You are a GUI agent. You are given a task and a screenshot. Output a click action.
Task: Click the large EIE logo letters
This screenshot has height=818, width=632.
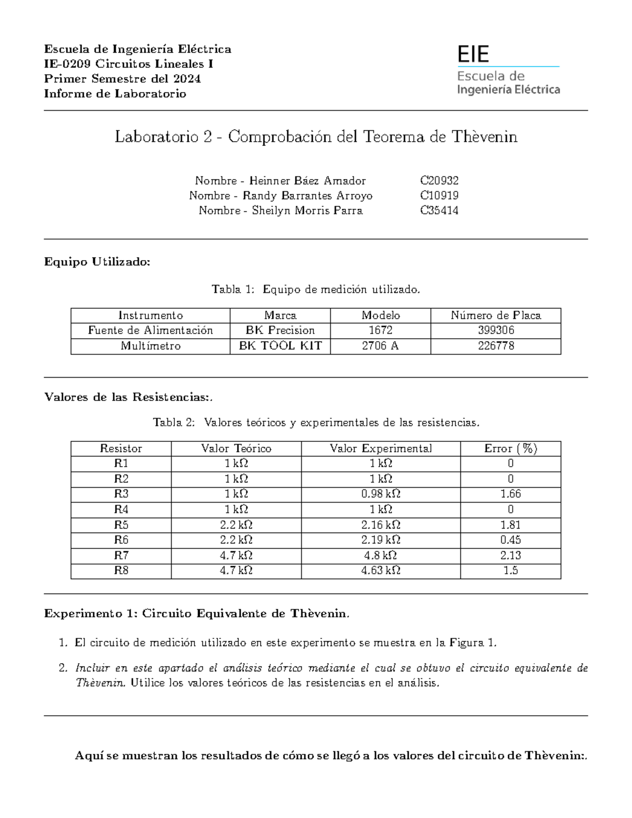click(473, 54)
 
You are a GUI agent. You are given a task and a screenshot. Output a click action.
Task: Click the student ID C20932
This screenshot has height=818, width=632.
click(439, 181)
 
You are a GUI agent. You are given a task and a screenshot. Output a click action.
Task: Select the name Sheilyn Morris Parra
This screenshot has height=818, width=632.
click(307, 211)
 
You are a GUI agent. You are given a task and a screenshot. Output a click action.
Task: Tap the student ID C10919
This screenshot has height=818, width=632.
click(439, 195)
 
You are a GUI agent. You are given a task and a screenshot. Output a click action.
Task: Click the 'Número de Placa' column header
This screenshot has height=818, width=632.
click(496, 316)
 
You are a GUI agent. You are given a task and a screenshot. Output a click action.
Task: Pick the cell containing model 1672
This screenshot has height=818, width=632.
click(380, 330)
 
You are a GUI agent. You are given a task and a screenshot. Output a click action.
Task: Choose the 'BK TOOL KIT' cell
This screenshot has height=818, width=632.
click(280, 346)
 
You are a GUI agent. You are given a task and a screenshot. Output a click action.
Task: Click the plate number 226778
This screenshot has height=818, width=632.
click(496, 346)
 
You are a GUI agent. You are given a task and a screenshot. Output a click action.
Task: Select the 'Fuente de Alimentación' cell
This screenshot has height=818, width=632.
click(150, 330)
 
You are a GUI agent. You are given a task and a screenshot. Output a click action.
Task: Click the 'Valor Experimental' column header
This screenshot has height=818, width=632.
click(380, 448)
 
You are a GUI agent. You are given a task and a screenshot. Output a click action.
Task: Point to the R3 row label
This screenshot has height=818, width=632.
click(121, 494)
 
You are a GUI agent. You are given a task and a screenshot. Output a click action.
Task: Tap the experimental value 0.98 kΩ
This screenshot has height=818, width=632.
click(380, 494)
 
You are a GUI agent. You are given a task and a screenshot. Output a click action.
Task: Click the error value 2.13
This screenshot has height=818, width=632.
click(510, 555)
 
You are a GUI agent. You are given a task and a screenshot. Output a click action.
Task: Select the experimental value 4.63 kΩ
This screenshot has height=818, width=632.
click(380, 570)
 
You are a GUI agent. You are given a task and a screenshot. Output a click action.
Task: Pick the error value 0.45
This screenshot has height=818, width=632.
click(510, 540)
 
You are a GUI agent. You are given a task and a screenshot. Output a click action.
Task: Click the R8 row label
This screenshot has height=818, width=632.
click(121, 570)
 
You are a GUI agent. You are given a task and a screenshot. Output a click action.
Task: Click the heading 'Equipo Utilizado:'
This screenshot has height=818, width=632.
click(97, 262)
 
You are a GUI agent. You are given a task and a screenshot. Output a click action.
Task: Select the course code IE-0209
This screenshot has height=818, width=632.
click(67, 64)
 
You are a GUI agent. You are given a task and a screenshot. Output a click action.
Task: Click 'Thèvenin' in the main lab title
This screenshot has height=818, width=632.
click(484, 137)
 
